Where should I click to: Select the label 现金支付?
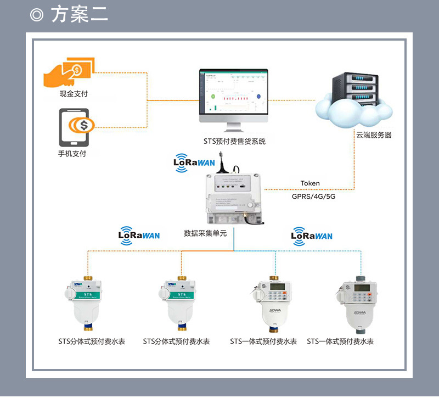click(x=74, y=94)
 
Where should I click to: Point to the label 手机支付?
click(x=72, y=154)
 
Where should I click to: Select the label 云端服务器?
click(x=374, y=134)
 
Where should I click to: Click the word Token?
click(x=310, y=183)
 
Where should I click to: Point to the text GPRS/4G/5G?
click(x=313, y=195)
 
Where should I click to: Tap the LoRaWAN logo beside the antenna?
click(x=194, y=162)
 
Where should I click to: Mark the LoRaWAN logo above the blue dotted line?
click(x=311, y=236)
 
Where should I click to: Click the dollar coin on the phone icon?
click(x=84, y=126)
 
